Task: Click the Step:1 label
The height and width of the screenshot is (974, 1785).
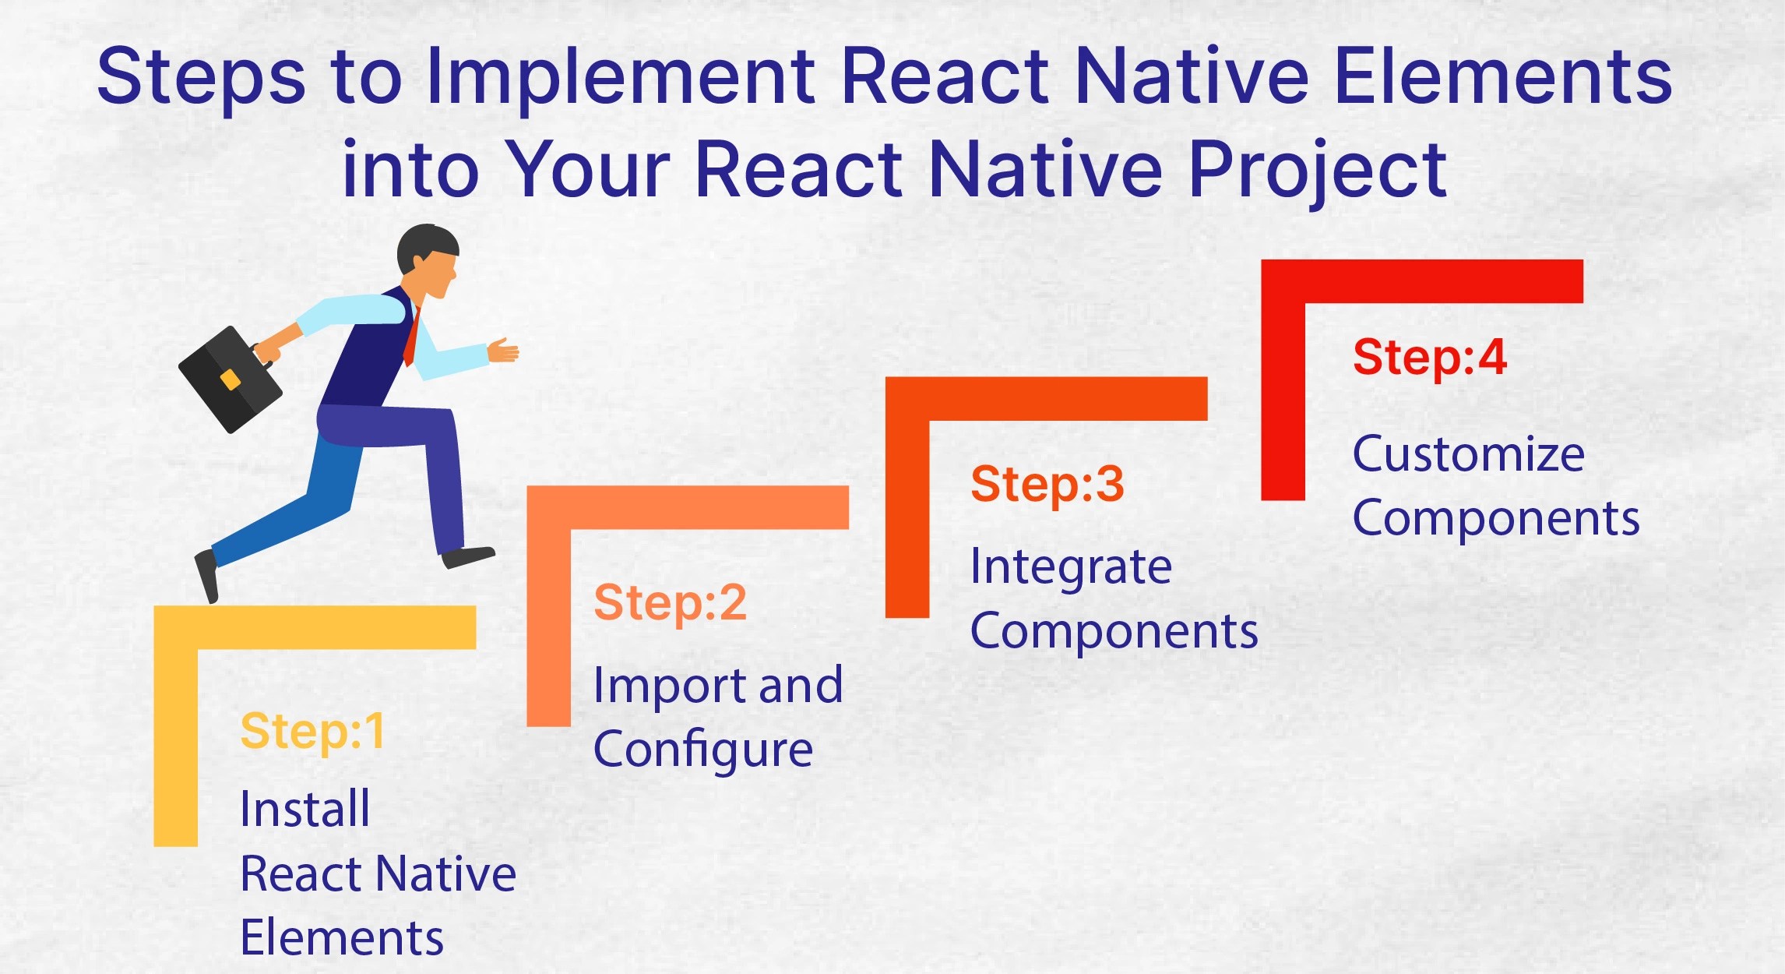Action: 312,732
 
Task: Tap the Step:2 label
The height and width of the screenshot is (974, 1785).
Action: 670,603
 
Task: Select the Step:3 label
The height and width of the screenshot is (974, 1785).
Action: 1047,484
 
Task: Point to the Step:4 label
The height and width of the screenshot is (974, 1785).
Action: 1430,358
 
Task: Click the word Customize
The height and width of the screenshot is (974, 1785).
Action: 1468,454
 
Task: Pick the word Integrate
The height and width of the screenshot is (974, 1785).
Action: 1071,566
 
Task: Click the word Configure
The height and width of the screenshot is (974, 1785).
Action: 702,750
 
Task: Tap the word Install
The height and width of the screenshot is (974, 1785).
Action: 305,809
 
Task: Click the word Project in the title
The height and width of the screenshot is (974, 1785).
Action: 1316,169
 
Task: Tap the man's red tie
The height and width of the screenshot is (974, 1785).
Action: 411,339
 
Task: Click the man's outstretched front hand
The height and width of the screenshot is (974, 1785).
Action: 503,350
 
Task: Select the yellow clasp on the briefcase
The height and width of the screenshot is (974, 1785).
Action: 230,379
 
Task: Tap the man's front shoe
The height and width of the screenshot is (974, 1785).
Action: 467,556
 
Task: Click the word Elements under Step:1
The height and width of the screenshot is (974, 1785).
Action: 341,937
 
